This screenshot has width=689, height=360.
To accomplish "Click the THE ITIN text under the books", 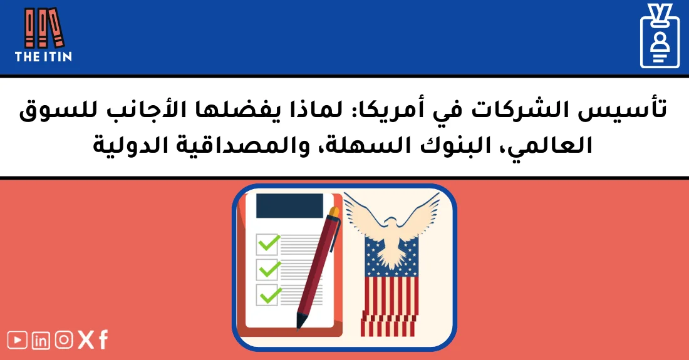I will coord(43,56).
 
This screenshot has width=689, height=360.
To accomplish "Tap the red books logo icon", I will coord(44,28).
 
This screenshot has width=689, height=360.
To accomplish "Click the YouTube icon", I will coord(18,340).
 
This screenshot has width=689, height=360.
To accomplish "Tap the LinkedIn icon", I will coord(41,340).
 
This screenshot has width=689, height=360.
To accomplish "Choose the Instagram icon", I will coord(64,339).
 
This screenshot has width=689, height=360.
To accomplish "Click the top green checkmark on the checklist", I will coord(268,243).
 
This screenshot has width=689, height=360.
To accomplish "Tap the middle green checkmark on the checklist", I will coord(268,268).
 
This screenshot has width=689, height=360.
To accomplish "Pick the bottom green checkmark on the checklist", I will coord(268,292).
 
